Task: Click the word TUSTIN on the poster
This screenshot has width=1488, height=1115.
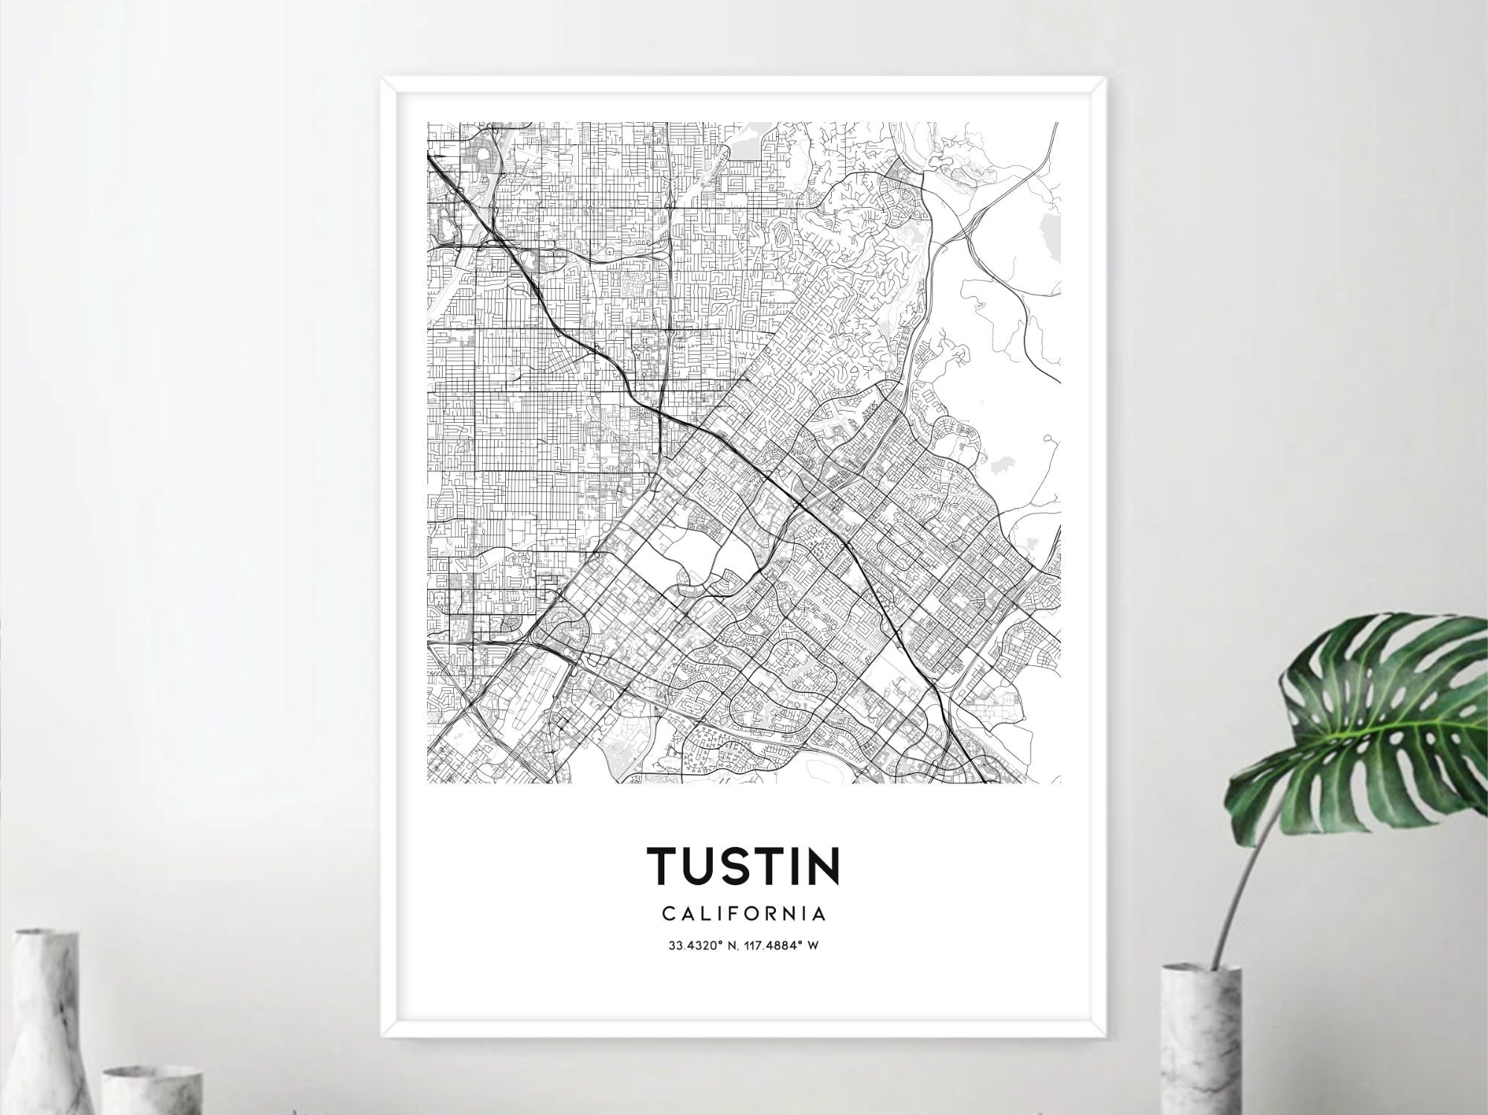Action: click(x=744, y=865)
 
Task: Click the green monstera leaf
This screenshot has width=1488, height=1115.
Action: click(x=1376, y=715)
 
